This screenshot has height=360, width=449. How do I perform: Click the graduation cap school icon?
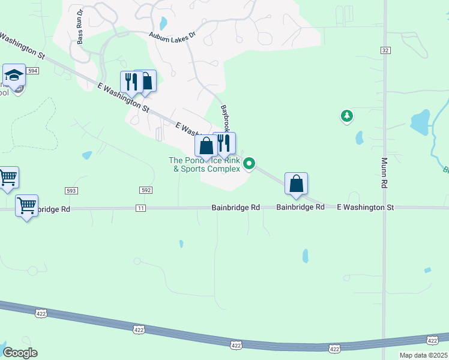(x=13, y=76)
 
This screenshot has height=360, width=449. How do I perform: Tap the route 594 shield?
(x=32, y=71)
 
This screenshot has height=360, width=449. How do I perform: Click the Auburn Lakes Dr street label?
(x=172, y=36)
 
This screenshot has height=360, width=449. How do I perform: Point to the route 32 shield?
(x=384, y=51)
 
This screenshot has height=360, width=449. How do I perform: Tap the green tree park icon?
(x=346, y=115)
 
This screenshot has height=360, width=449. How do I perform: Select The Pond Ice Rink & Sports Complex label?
(x=206, y=164)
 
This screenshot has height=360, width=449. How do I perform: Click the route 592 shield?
(x=146, y=190)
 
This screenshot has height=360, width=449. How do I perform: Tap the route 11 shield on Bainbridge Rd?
(x=140, y=208)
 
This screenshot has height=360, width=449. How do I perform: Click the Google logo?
(x=20, y=353)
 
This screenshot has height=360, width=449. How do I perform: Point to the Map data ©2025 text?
(x=415, y=355)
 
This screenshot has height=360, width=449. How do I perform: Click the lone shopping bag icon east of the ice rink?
(x=297, y=184)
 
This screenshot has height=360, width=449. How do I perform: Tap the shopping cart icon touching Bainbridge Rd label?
(x=26, y=206)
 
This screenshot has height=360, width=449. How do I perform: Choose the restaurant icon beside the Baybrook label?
(x=224, y=143)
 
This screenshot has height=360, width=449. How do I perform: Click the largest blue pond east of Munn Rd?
(x=420, y=121)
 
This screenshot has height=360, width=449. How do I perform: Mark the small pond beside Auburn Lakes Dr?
(x=163, y=23)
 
